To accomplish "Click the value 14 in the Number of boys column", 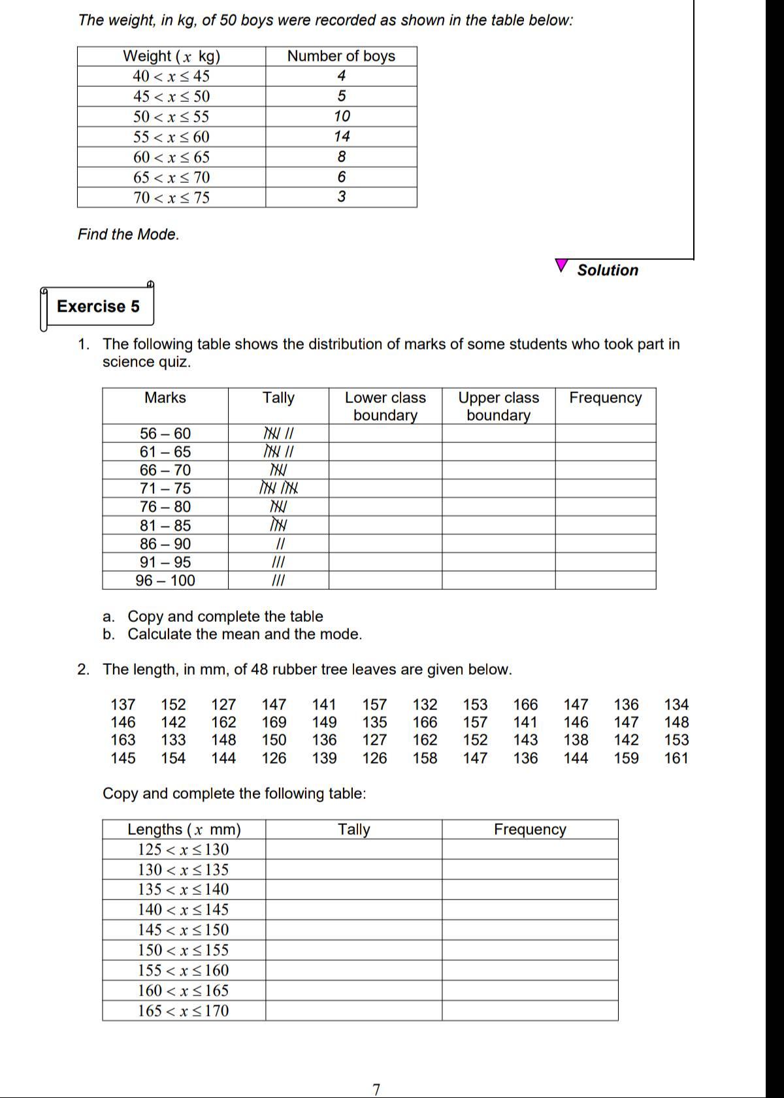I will (342, 137).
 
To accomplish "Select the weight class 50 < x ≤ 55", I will (171, 117).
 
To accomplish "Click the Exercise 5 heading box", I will (98, 306).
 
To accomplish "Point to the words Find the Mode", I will (128, 234).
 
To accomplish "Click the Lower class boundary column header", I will (385, 406).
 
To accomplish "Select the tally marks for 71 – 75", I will (279, 489).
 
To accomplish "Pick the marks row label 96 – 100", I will (165, 581).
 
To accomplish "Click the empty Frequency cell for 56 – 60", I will (606, 434).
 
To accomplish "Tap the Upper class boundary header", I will (498, 406).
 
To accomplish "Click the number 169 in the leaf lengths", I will (274, 722).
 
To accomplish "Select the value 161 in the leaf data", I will (676, 758).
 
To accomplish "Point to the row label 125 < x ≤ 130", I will (184, 850).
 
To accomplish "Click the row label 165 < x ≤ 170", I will (184, 1011).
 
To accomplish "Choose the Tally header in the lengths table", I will (353, 830).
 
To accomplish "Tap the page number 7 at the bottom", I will (376, 1090).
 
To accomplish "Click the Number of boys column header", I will (341, 56).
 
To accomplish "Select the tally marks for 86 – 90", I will (279, 544).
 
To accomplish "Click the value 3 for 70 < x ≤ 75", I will (342, 197).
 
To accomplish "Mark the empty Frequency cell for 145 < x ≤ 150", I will (530, 930).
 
